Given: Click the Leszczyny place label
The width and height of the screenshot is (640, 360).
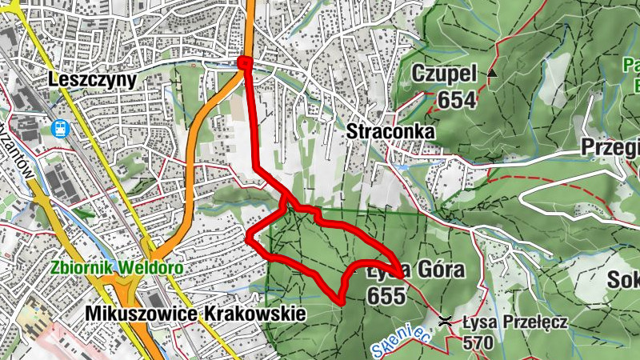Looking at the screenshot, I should point(93,79).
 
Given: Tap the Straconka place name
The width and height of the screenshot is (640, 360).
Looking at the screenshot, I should point(390,130).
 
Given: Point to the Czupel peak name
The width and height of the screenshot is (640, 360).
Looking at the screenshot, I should point(444,74).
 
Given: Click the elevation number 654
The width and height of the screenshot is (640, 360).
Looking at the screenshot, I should point(457,99).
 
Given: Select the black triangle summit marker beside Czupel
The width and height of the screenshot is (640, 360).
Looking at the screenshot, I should point(492,74).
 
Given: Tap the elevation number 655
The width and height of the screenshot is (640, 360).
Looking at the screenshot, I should point(386,295).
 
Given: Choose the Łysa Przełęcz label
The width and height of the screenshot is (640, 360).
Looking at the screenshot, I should point(515,322).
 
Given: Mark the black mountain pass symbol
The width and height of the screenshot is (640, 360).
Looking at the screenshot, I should point(446,321).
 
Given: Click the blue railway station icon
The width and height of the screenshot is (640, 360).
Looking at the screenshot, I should point(60,128).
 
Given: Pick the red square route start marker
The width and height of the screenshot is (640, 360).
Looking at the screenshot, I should point(245,63).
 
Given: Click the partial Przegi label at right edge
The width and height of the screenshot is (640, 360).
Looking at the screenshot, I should point(610,148).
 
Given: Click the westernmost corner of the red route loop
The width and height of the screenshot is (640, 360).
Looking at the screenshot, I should point(248,238).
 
